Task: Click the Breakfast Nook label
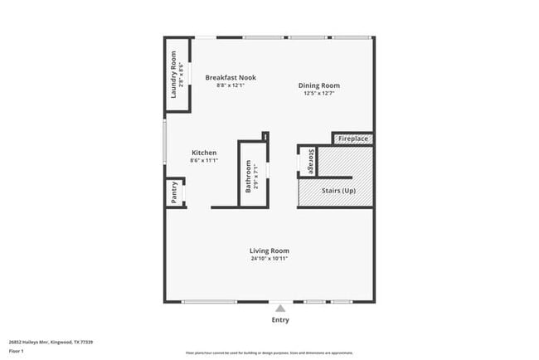point(231,77)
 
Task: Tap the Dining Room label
point(319,85)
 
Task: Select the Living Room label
point(269,251)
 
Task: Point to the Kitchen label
point(204,153)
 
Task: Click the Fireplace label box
point(353,139)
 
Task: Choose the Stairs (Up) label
point(338,191)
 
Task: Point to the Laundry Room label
point(174,75)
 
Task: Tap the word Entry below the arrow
point(280,319)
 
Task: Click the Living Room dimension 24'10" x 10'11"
point(269,259)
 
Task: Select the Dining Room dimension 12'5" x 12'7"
point(319,94)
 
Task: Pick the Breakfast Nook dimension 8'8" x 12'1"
point(231,85)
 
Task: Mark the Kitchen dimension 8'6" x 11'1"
point(204,161)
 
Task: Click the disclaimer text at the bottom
point(269,353)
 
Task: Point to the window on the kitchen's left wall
point(164,146)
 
